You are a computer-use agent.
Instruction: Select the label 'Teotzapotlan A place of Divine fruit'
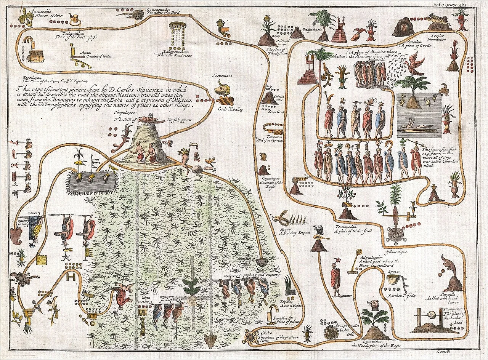point(348,229)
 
